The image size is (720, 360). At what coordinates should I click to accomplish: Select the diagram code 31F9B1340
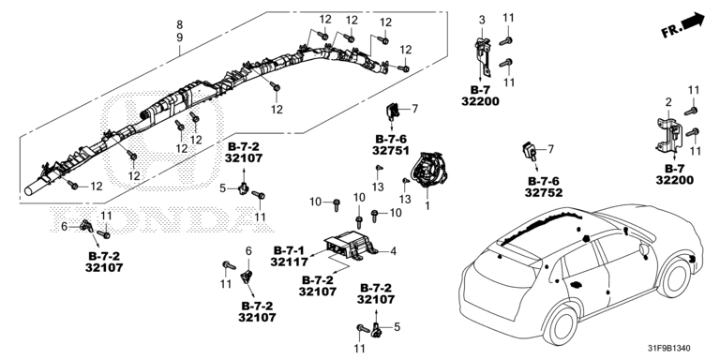coord(672,349)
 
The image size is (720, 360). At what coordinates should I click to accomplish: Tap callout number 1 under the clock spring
coord(427,206)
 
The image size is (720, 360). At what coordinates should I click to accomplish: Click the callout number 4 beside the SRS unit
coord(393,251)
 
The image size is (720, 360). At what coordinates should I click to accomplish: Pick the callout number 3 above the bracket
coord(482,20)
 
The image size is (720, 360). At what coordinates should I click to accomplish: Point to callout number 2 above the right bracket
coord(668,102)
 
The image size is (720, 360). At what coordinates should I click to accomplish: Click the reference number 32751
coord(390,150)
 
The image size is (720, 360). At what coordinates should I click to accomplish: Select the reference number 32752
coord(543,192)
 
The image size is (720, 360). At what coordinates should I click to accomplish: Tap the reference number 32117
coord(289,262)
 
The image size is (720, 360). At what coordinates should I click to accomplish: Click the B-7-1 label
coord(289,250)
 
